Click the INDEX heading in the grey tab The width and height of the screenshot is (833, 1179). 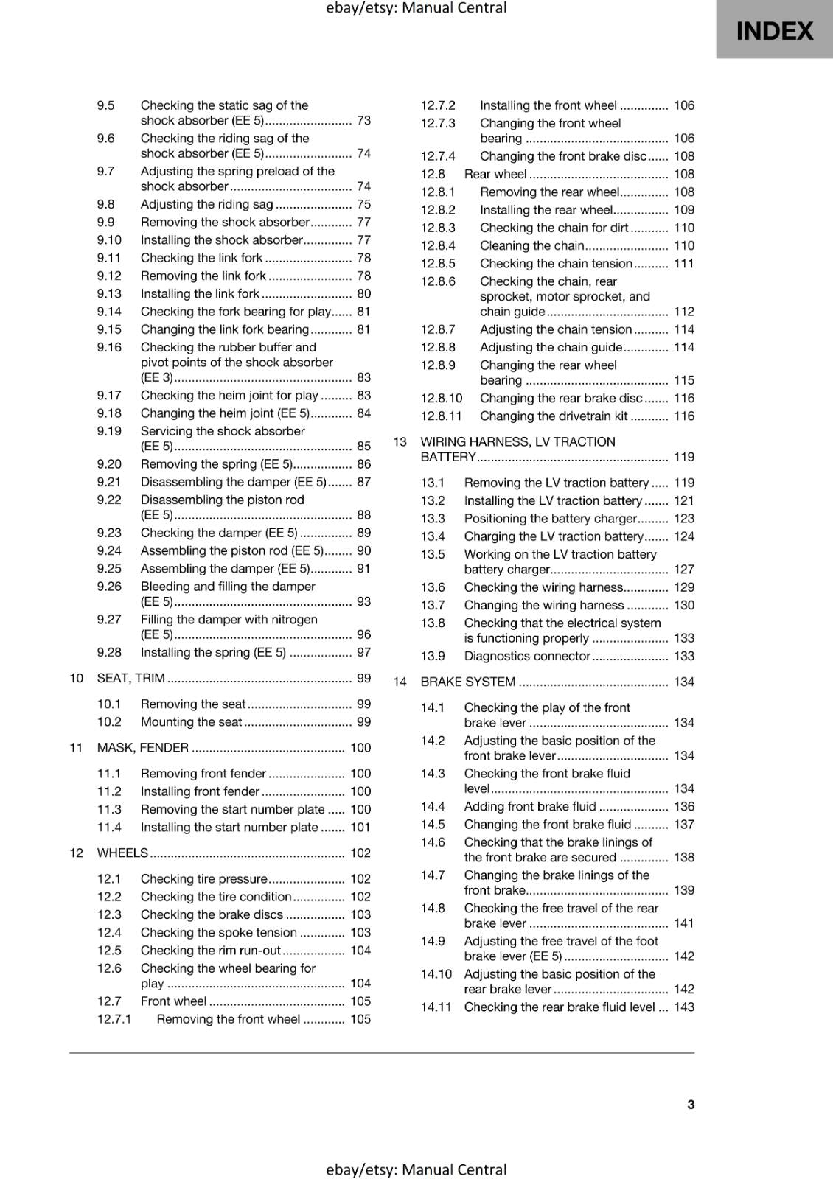tap(774, 31)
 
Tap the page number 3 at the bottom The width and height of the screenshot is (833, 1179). tap(690, 1104)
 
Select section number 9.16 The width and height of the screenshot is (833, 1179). tap(109, 347)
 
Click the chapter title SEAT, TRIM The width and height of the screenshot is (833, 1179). tap(130, 678)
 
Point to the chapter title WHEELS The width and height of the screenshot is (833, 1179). tap(122, 853)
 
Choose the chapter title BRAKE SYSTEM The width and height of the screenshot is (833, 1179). tap(467, 682)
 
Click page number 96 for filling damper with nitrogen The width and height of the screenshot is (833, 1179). tap(363, 634)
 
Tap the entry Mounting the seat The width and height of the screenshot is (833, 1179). tap(191, 722)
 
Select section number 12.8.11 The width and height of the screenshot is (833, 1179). tap(441, 416)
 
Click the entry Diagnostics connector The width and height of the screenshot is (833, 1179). tap(527, 656)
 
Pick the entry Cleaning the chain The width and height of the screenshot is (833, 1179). tap(531, 245)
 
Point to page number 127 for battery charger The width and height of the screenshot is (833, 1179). tap(683, 570)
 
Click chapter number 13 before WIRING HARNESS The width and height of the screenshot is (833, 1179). tap(400, 442)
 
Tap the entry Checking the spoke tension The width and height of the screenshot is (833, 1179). tap(218, 932)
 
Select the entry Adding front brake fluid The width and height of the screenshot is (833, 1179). tap(530, 806)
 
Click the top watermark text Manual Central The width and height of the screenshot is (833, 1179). tap(416, 8)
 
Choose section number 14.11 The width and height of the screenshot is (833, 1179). tap(436, 1007)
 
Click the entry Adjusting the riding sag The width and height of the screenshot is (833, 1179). tap(206, 204)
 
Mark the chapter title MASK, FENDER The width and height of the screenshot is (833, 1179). tap(142, 748)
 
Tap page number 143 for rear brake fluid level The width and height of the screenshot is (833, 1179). tap(683, 1007)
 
